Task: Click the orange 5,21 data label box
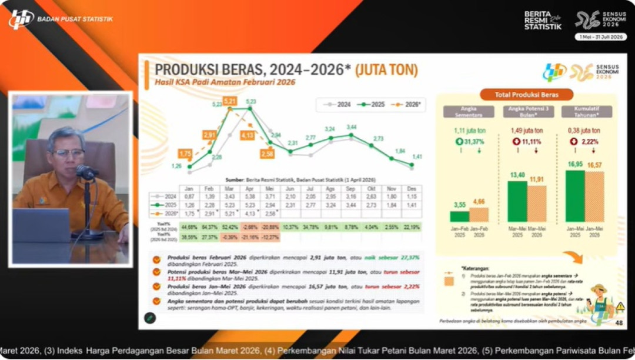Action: tap(230, 101)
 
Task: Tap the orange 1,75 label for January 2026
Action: tap(185, 154)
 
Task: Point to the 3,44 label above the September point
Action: tap(352, 127)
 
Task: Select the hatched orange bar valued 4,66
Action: tap(479, 215)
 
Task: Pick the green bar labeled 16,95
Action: tap(575, 196)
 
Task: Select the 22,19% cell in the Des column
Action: tap(412, 227)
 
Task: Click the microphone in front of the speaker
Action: tap(86, 172)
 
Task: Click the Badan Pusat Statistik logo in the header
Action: tap(21, 19)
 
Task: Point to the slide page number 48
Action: tap(619, 322)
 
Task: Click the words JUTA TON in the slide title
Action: tap(387, 71)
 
